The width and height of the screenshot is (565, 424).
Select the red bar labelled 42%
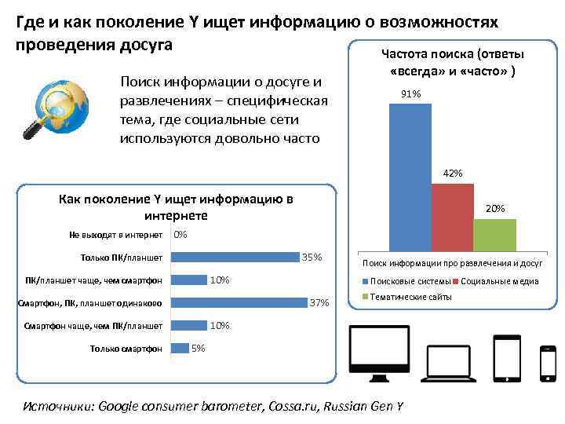pyautogui.click(x=452, y=216)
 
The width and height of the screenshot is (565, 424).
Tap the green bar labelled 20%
pyautogui.click(x=494, y=233)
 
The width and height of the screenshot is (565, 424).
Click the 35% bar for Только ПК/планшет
pyautogui.click(x=236, y=257)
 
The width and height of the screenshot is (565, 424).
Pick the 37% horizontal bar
pyautogui.click(x=239, y=302)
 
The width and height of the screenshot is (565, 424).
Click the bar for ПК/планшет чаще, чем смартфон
pyautogui.click(x=189, y=280)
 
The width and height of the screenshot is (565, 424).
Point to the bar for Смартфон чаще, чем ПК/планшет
pyautogui.click(x=189, y=325)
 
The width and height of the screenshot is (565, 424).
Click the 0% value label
pyautogui.click(x=180, y=234)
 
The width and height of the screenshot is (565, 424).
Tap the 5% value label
pyautogui.click(x=199, y=348)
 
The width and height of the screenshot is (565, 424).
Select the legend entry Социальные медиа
pyautogui.click(x=494, y=282)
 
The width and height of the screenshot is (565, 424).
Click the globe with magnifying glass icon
pyautogui.click(x=46, y=107)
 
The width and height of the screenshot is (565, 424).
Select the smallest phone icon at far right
pyautogui.click(x=548, y=362)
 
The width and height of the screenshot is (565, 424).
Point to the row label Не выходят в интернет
pyautogui.click(x=115, y=234)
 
